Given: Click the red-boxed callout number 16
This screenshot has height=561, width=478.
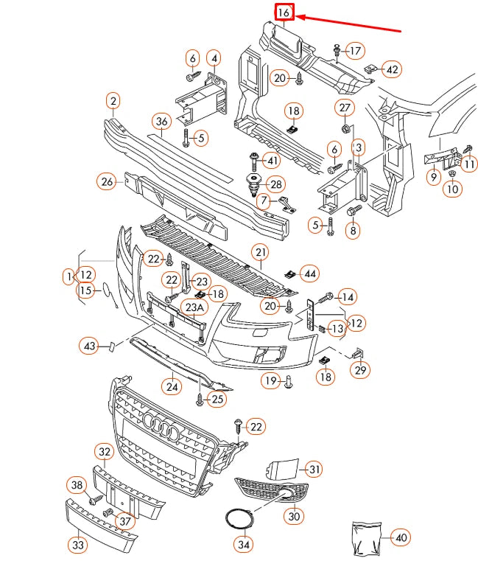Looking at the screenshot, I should (x=284, y=12).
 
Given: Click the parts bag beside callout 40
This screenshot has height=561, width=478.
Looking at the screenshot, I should (x=366, y=536).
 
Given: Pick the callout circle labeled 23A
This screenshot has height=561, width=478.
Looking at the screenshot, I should (x=194, y=307).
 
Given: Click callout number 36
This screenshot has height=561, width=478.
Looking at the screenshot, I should (x=162, y=122).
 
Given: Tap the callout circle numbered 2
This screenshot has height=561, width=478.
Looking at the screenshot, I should (x=113, y=100).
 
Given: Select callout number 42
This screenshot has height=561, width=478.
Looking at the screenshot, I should (x=391, y=69).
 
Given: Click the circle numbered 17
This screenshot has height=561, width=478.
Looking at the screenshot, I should (x=355, y=51).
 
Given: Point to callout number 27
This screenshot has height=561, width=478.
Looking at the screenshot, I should (x=345, y=108).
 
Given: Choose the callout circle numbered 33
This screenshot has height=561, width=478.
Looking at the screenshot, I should (x=77, y=545).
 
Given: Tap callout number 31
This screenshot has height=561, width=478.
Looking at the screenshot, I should (x=314, y=469).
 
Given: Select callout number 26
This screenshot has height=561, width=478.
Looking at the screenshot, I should (x=107, y=181).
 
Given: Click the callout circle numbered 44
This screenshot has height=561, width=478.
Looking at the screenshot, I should (x=311, y=273).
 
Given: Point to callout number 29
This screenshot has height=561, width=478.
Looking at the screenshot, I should (x=360, y=370).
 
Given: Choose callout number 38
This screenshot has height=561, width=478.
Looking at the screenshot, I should (x=77, y=484).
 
